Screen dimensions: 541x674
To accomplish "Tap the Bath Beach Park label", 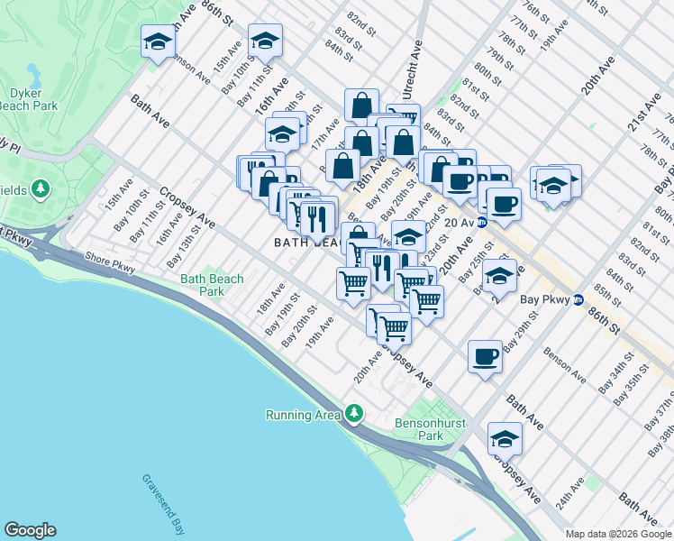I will (x=212, y=285).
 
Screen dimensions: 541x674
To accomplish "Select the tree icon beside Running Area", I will (x=355, y=413).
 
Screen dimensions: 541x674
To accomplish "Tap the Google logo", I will (x=30, y=530).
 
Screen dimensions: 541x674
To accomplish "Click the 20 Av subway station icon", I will (x=482, y=222).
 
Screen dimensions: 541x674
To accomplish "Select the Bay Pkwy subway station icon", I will (x=578, y=300).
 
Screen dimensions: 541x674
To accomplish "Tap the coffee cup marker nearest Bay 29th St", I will (x=485, y=355).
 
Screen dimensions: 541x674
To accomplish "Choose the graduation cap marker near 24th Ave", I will (x=505, y=438).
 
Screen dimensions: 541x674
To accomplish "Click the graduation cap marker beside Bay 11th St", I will (x=265, y=41).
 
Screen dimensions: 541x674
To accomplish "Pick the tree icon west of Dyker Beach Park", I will (x=39, y=188).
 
